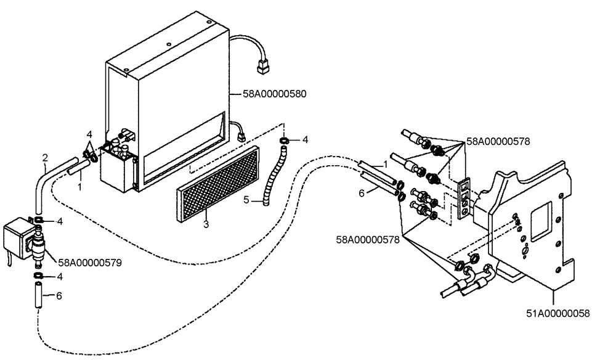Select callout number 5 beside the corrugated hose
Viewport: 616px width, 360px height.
point(246,199)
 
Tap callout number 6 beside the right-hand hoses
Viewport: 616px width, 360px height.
point(362,192)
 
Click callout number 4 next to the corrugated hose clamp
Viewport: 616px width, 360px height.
point(306,141)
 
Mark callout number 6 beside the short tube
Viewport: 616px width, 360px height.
point(59,297)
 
